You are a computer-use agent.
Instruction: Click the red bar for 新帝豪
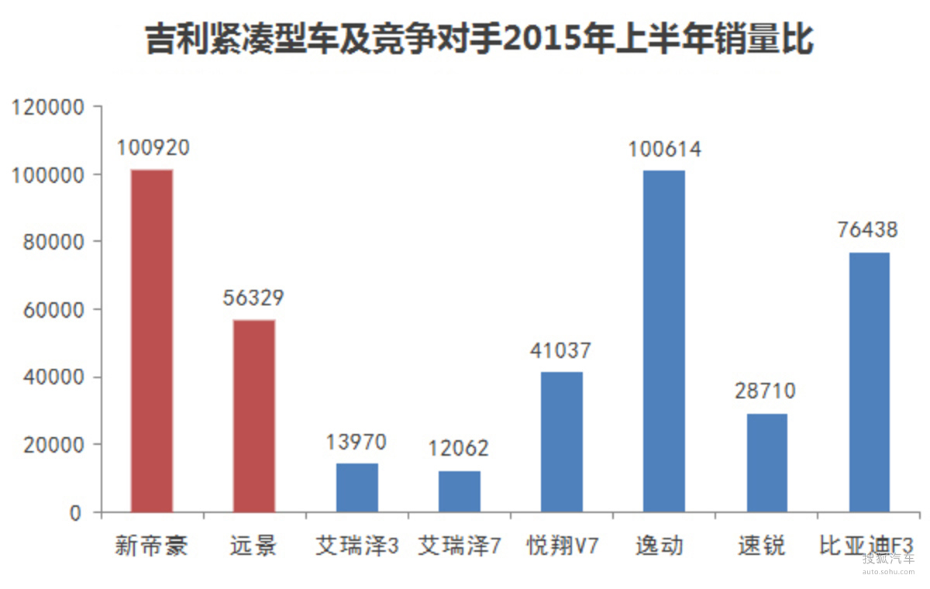(152, 341)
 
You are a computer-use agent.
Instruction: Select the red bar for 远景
(254, 416)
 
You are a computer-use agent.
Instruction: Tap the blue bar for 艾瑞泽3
(357, 487)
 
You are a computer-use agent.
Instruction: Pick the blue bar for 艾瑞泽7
(460, 491)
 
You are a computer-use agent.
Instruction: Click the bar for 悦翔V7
(562, 442)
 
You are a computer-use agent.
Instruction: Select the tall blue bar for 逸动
(664, 341)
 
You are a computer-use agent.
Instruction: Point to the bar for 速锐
(766, 463)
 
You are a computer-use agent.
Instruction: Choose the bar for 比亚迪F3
(869, 382)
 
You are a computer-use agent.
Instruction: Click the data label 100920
(153, 147)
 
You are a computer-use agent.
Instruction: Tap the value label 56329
(253, 298)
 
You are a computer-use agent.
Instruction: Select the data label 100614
(664, 149)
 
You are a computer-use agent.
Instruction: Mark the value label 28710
(766, 391)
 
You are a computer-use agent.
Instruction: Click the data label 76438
(867, 230)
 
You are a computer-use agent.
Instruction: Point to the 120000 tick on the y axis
(48, 108)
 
